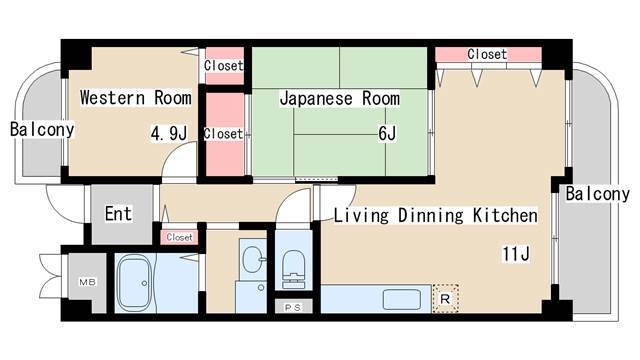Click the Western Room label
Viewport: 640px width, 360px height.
click(x=135, y=98)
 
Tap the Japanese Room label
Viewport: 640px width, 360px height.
click(x=339, y=98)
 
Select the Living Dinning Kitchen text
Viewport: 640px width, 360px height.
click(x=435, y=215)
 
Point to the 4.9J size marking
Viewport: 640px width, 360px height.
click(x=169, y=132)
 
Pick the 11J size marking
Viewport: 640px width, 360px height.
click(x=515, y=254)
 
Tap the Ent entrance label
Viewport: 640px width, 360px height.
click(x=118, y=213)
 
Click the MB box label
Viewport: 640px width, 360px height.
click(x=87, y=283)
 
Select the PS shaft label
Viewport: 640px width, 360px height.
click(x=294, y=307)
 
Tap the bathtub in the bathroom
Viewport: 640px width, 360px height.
click(x=134, y=283)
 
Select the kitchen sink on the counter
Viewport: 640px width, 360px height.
click(x=403, y=299)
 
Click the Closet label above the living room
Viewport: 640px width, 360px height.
click(x=487, y=54)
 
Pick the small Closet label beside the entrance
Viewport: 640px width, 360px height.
click(x=180, y=237)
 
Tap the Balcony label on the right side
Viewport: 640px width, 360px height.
click(x=597, y=194)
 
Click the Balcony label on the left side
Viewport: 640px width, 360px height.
click(x=41, y=129)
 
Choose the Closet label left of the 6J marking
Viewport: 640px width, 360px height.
click(x=223, y=133)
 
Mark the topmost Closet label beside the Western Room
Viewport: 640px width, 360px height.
click(x=223, y=66)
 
